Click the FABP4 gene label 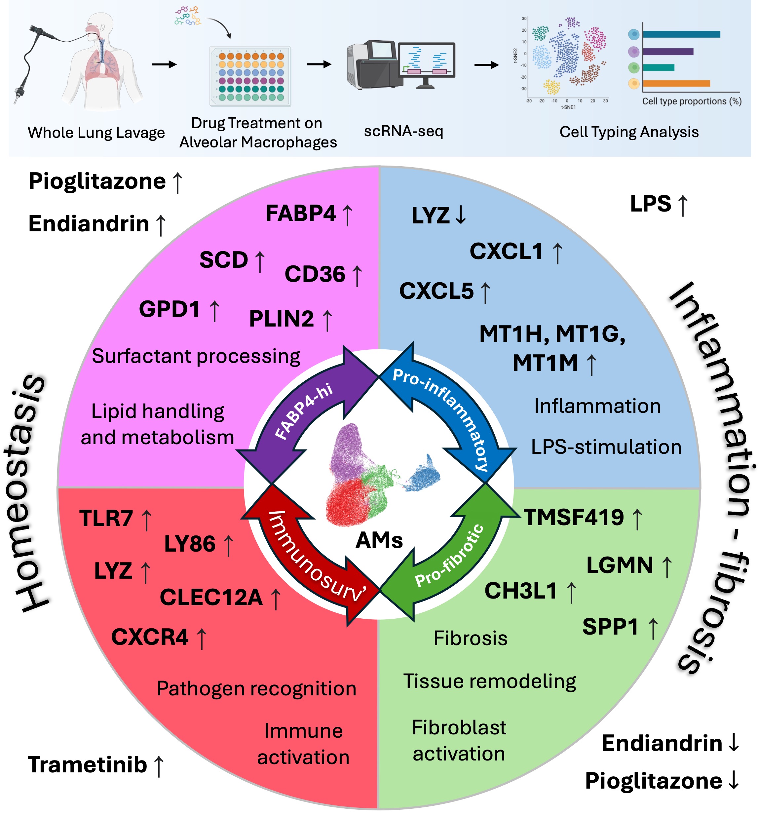pyautogui.click(x=301, y=214)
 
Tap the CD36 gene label pyautogui.click(x=315, y=274)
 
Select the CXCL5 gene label pyautogui.click(x=437, y=291)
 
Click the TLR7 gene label pyautogui.click(x=106, y=518)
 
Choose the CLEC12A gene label pyautogui.click(x=211, y=597)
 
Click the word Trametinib pyautogui.click(x=87, y=765)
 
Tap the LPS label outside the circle pyautogui.click(x=651, y=204)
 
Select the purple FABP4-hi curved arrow pyautogui.click(x=304, y=411)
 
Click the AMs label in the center pyautogui.click(x=379, y=540)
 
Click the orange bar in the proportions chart pyautogui.click(x=676, y=84)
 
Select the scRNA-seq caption pyautogui.click(x=403, y=131)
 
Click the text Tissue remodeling pyautogui.click(x=489, y=682)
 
